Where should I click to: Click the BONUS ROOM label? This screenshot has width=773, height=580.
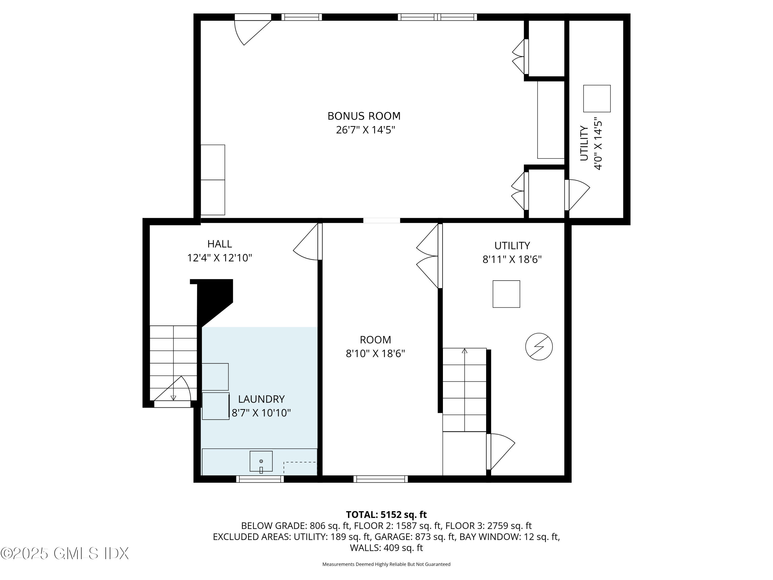point(364,116)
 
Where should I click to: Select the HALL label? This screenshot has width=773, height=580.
point(220,244)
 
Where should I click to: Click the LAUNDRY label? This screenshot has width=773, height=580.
point(261,399)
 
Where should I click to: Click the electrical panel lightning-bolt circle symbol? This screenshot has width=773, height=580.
point(539,346)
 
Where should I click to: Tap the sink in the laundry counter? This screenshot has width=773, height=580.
point(261,461)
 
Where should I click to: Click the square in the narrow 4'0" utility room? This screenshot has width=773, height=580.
point(596,98)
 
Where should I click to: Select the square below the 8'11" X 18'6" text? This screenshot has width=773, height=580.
point(506,294)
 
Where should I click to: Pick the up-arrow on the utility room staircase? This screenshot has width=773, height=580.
point(464,351)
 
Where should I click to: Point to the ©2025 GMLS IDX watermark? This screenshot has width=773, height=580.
point(65,553)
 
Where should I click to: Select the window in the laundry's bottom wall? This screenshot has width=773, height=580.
point(260,479)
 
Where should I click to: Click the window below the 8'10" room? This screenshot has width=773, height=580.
point(380,479)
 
